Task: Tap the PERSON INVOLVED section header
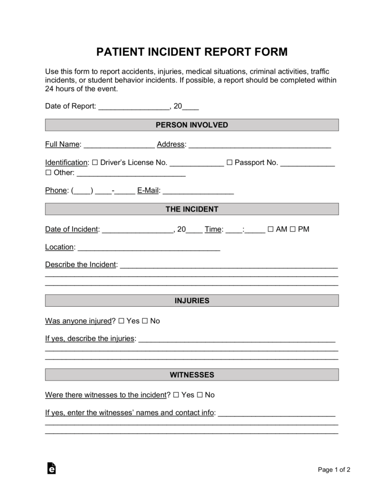click(192, 125)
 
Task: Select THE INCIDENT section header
click(192, 209)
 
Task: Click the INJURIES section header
click(192, 300)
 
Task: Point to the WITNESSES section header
click(192, 375)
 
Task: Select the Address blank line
click(259, 144)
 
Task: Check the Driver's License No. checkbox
click(95, 163)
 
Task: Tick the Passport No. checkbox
click(230, 163)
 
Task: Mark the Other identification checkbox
click(48, 172)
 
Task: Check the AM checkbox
click(270, 229)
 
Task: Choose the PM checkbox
click(293, 229)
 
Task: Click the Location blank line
click(149, 248)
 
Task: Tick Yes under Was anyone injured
click(121, 321)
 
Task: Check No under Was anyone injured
click(145, 321)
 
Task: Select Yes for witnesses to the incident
click(176, 395)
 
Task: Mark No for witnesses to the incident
click(200, 395)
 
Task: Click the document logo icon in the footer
click(51, 468)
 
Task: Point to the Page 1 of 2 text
click(334, 469)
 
